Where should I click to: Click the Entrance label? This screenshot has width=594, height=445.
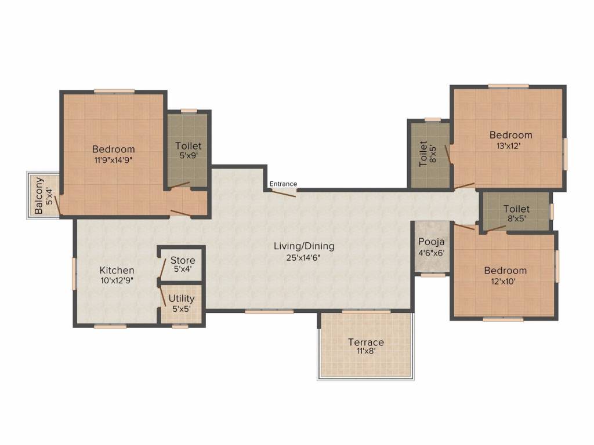click(x=283, y=184)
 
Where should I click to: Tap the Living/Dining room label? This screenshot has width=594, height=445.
click(x=304, y=246)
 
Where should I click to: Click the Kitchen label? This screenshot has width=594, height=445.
click(x=117, y=270)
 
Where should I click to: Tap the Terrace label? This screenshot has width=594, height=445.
click(x=366, y=342)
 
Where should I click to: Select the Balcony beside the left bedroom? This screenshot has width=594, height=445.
click(x=43, y=195)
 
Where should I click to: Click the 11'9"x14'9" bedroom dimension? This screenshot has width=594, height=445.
click(x=113, y=160)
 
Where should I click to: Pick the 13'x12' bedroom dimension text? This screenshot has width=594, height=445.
click(x=508, y=145)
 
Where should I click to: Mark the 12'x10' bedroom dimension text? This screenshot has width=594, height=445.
click(x=504, y=282)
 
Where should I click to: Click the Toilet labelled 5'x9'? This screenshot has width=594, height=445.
click(x=188, y=150)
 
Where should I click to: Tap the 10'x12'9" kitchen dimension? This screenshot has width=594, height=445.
click(x=117, y=281)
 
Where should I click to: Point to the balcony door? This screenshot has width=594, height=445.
click(x=57, y=206)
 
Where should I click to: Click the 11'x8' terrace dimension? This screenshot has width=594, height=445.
click(x=365, y=351)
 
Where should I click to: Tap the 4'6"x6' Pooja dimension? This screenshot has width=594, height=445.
click(x=432, y=253)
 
